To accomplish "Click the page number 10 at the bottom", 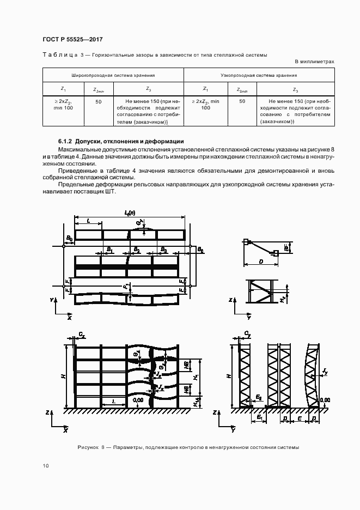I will [x=45, y=466].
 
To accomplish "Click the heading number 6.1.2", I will [x=66, y=141].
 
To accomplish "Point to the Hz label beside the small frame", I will [x=283, y=299].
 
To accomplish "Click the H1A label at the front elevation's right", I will [x=197, y=401].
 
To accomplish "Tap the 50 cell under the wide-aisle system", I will [x=98, y=101].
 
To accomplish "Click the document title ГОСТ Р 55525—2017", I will [x=72, y=40].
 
